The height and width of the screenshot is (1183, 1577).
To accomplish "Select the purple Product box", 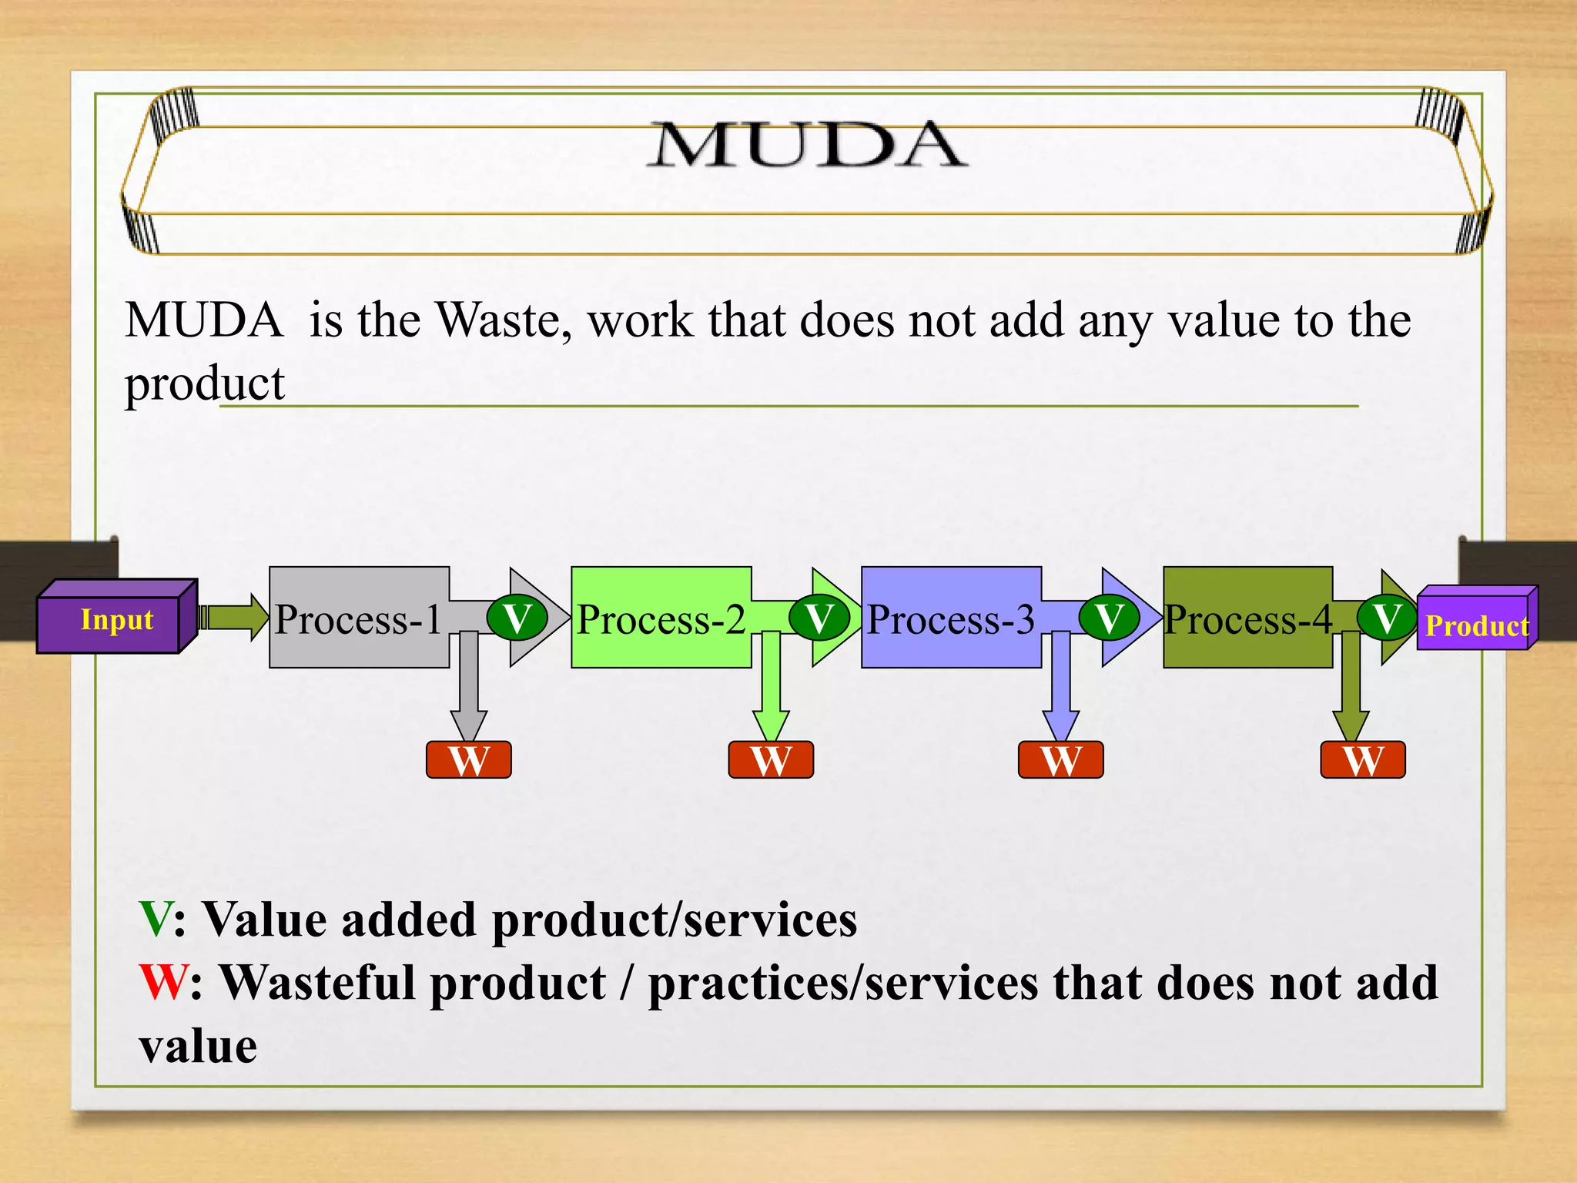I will [x=1475, y=625].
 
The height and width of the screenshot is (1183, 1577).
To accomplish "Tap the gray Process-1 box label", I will [x=359, y=619].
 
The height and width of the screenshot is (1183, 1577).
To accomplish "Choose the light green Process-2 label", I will [x=661, y=619].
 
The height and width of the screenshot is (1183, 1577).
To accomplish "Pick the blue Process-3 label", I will [x=951, y=619].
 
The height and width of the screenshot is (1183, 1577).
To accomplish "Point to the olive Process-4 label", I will [x=1247, y=619].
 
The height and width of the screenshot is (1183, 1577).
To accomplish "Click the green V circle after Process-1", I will [x=517, y=618].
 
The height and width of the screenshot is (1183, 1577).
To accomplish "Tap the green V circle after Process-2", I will [x=819, y=618].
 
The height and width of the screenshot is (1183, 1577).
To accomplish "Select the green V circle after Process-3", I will [x=1109, y=618].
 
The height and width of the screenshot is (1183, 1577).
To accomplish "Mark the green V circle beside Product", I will [x=1387, y=618].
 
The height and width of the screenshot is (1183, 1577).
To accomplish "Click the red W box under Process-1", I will [x=469, y=760].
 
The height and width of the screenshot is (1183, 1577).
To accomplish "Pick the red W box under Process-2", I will [x=771, y=760].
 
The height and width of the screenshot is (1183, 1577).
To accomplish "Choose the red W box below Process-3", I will [x=1061, y=760].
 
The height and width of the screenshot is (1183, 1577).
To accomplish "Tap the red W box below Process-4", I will [x=1363, y=760].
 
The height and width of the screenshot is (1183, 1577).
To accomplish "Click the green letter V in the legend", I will [x=155, y=920].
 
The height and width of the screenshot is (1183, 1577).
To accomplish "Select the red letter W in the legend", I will [x=162, y=984].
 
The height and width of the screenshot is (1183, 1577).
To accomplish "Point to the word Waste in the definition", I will [x=499, y=320].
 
